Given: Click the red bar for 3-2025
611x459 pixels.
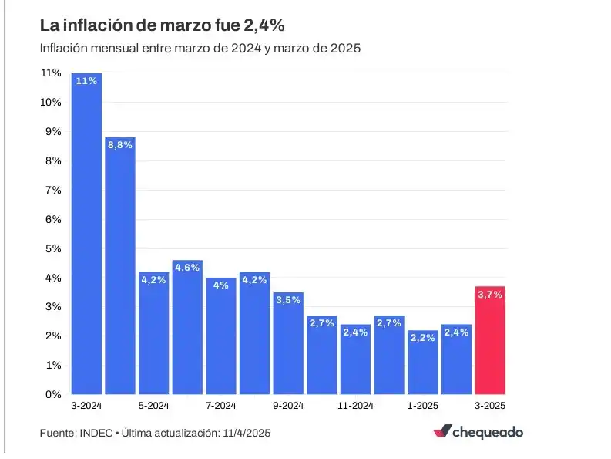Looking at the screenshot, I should coord(490,339).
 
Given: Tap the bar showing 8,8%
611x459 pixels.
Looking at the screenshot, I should coord(120,265).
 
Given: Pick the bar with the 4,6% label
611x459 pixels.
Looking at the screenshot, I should coord(187,327).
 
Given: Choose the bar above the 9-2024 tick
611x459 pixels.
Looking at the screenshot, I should coord(288,343).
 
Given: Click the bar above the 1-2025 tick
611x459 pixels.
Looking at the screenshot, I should coord(422,362).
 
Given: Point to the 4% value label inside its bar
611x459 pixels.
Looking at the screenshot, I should coord(221,285).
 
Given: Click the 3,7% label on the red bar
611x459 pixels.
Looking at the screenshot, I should coord(490,294).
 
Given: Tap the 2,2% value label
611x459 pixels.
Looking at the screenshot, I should coord(422,338).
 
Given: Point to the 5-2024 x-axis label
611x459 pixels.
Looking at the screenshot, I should coord(153,405).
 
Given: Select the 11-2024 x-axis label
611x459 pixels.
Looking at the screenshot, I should coord(355,405).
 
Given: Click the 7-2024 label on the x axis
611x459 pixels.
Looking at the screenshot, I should coord(221,405).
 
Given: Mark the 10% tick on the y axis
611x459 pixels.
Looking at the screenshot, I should coord(51,103).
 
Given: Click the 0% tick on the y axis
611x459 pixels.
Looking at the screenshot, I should coord(53,394).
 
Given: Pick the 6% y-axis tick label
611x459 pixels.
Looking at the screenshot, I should coord(53,219).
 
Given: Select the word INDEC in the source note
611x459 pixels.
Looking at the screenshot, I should coord(95,433).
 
